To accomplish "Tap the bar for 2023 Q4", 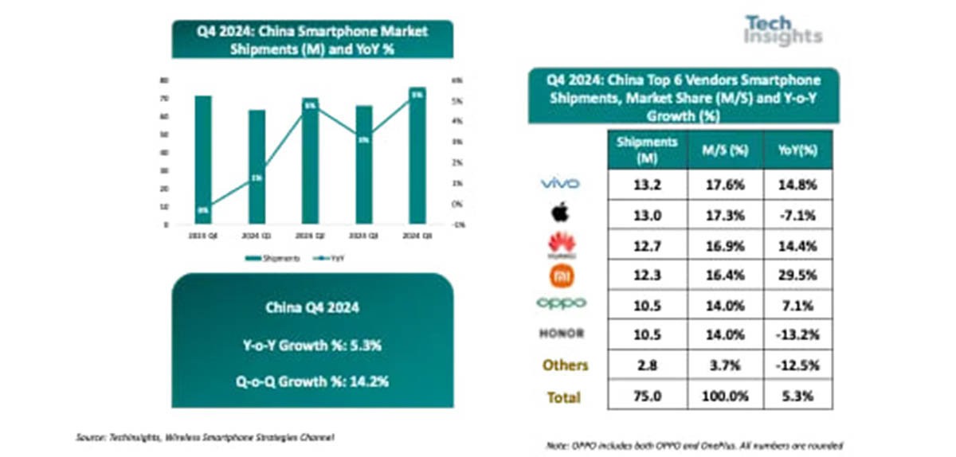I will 203,159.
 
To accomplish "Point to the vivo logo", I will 560,184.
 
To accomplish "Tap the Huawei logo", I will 559,244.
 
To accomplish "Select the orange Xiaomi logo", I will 559,275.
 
